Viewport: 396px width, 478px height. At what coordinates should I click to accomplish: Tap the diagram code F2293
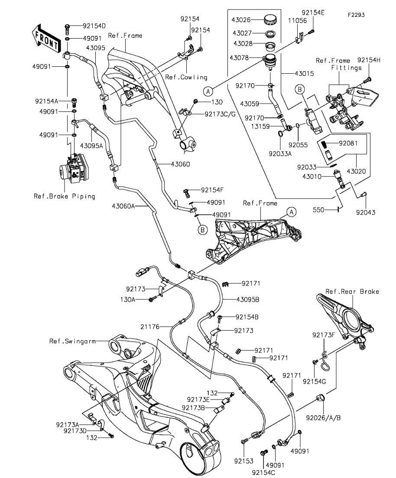tap(356, 15)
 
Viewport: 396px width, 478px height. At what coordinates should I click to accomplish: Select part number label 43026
tap(244, 20)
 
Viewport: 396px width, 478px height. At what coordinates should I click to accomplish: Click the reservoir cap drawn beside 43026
tap(270, 20)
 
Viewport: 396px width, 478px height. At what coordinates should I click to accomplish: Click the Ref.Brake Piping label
tap(65, 196)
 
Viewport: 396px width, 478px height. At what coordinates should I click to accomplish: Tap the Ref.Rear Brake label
tap(352, 292)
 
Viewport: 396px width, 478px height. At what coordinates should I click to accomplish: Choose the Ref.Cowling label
tap(186, 77)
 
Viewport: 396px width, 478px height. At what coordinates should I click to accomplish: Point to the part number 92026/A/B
tap(323, 418)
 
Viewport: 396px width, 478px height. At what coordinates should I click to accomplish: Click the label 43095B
tap(248, 299)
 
